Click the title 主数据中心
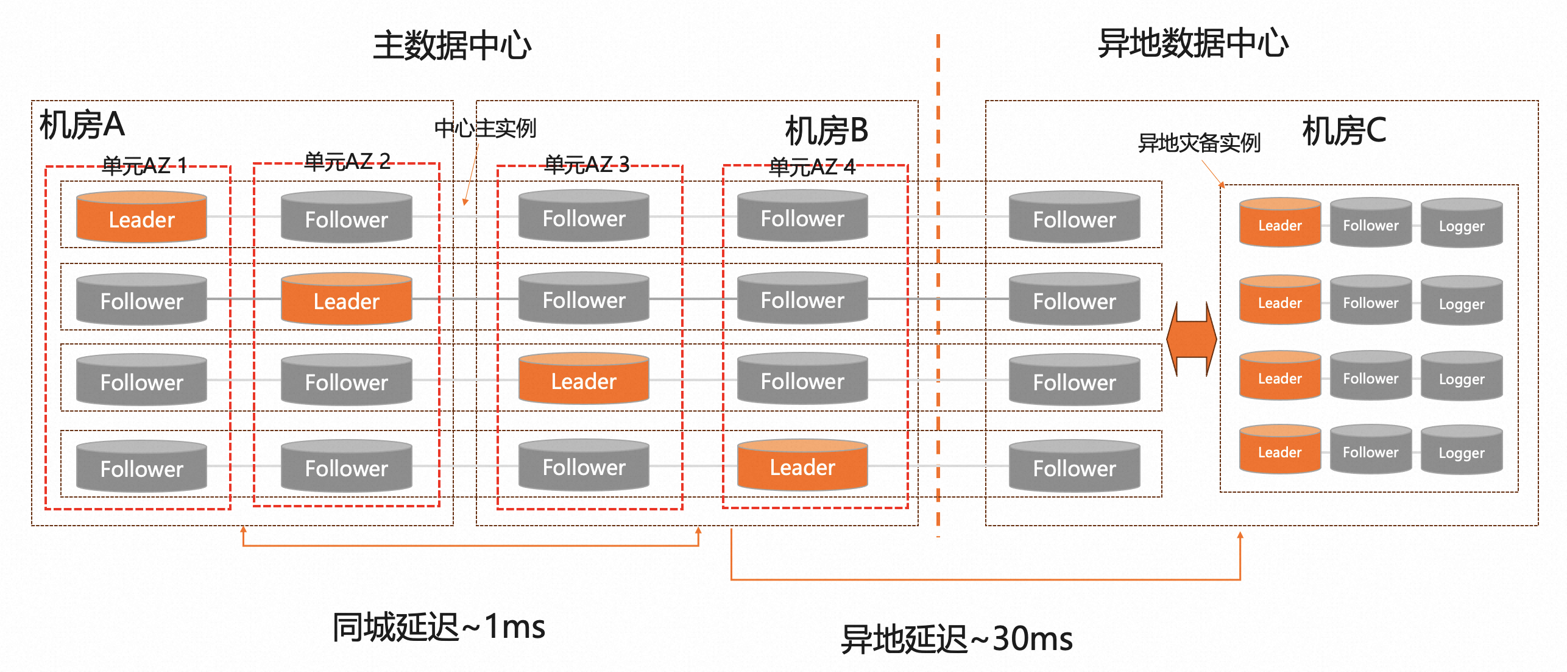[451, 46]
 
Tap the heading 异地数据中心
[1192, 44]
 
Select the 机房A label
[82, 126]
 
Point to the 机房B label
[826, 131]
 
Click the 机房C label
[1344, 131]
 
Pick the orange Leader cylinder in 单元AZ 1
[141, 218]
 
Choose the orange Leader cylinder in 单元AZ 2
[346, 300]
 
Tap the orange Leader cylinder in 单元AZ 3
[584, 380]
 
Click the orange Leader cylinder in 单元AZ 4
[802, 466]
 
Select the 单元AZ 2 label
[347, 162]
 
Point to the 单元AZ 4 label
[812, 166]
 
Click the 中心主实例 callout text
[485, 129]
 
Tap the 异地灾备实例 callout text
[1198, 143]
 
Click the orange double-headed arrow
[1191, 339]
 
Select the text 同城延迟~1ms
[439, 627]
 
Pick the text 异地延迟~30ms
[957, 639]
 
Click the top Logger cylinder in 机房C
[1461, 224]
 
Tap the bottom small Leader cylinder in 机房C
[1279, 451]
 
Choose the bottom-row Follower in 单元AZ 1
[141, 468]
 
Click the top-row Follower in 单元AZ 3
[584, 217]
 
